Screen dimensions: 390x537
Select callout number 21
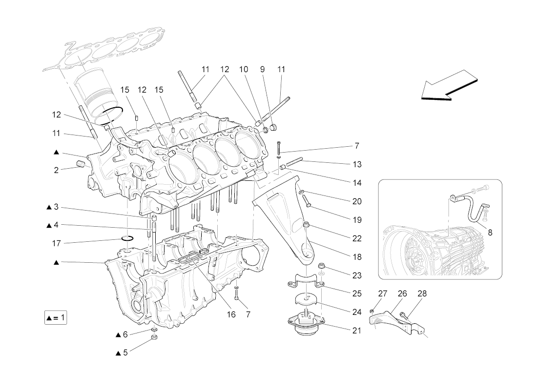tap(357, 331)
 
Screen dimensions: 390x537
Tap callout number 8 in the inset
tap(490, 233)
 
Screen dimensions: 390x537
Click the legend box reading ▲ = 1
tap(55, 318)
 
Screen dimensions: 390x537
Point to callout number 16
tap(231, 314)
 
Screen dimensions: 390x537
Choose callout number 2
tap(56, 170)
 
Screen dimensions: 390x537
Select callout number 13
tap(357, 164)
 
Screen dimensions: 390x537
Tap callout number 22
tap(357, 239)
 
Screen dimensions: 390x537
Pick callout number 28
tap(422, 293)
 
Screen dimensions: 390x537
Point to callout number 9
tap(263, 70)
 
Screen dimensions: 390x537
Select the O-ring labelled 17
tap(127, 238)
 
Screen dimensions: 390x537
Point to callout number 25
tap(357, 293)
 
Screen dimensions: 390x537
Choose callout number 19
tap(357, 220)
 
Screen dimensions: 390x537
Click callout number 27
tap(383, 293)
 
